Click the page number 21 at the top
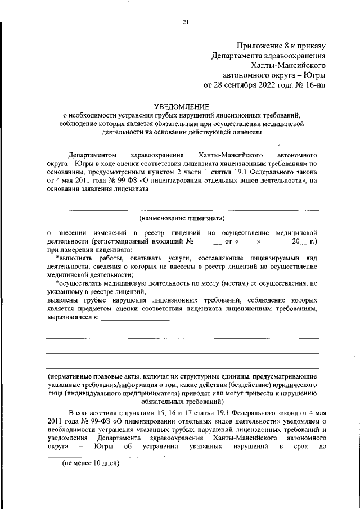point(186,22)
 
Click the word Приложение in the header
point(258,46)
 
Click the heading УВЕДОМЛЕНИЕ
point(182,106)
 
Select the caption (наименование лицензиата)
point(182,217)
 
